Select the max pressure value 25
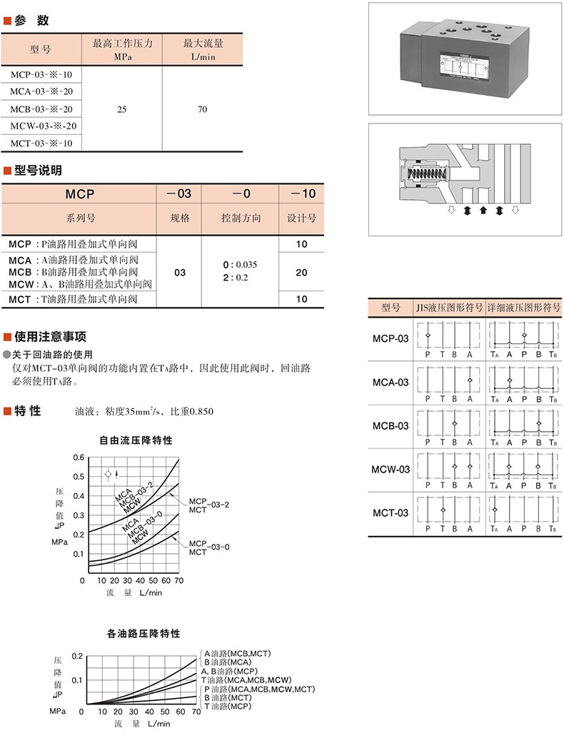click(122, 109)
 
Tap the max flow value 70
click(202, 109)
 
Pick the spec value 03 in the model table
click(180, 273)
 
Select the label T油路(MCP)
click(228, 706)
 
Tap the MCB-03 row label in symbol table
click(391, 426)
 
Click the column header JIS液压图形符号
click(450, 308)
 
